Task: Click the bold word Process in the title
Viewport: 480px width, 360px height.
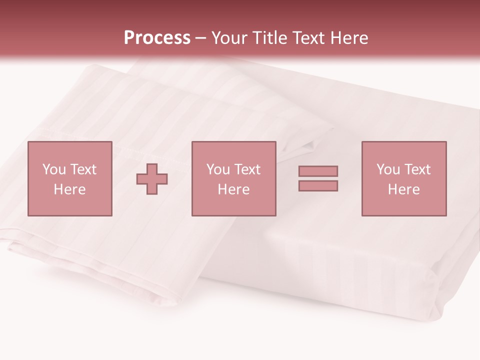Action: click(157, 38)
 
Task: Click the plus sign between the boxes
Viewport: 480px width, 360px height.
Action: click(152, 178)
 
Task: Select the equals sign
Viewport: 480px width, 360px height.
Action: click(318, 178)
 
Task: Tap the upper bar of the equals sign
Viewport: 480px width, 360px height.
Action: click(318, 171)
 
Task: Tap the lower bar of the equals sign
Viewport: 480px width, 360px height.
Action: click(318, 186)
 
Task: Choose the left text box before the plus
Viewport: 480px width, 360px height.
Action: click(69, 178)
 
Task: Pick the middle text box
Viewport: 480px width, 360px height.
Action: click(233, 178)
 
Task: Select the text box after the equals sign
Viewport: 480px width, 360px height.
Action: click(403, 178)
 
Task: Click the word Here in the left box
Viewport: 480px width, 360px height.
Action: click(69, 189)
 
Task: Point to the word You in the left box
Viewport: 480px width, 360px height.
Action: click(54, 169)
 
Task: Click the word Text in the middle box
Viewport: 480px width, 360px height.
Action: click(247, 169)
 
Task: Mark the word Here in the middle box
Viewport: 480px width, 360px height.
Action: click(233, 189)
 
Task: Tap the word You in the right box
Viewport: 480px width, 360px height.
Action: click(388, 169)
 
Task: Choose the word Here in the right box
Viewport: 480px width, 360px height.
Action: click(403, 189)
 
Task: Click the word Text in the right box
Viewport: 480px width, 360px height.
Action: click(417, 169)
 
